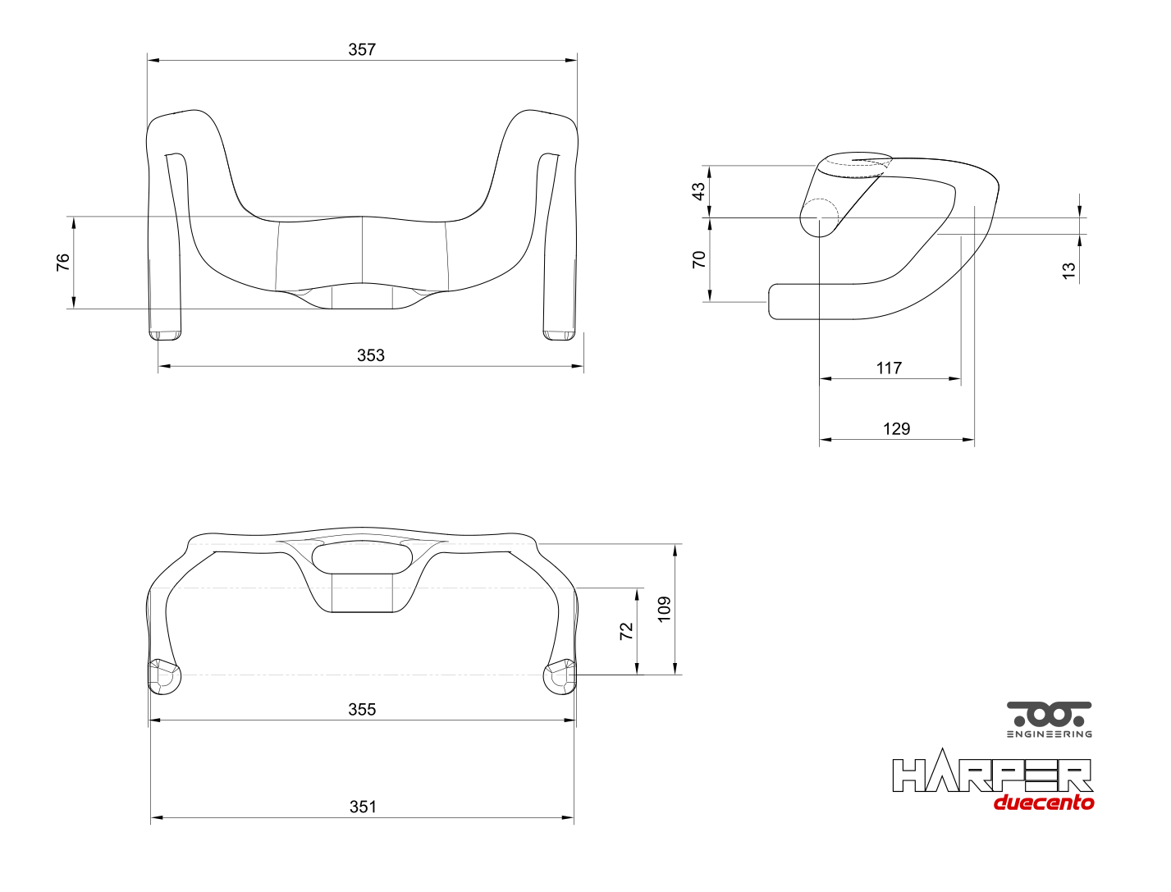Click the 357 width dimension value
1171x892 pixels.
point(362,49)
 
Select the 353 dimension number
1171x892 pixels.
point(370,355)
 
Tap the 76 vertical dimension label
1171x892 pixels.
point(63,262)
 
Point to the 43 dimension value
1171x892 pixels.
point(698,191)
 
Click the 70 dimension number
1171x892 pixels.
point(699,259)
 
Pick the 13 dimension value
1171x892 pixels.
point(1068,271)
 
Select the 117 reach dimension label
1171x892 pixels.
point(889,368)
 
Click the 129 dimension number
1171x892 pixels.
point(896,429)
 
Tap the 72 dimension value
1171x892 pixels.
point(626,630)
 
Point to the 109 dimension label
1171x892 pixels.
point(664,609)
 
